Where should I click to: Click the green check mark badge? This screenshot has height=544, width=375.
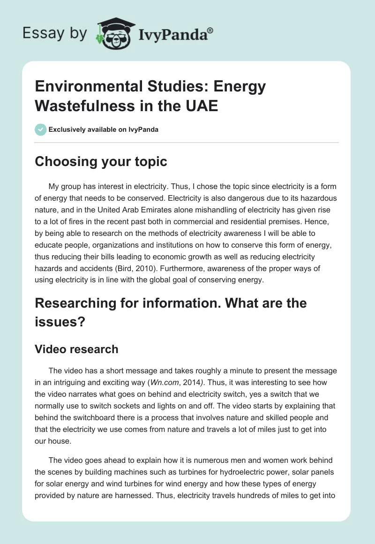[41, 129]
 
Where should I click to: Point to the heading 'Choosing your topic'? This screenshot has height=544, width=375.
[101, 161]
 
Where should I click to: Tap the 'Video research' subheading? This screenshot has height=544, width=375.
[77, 349]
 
